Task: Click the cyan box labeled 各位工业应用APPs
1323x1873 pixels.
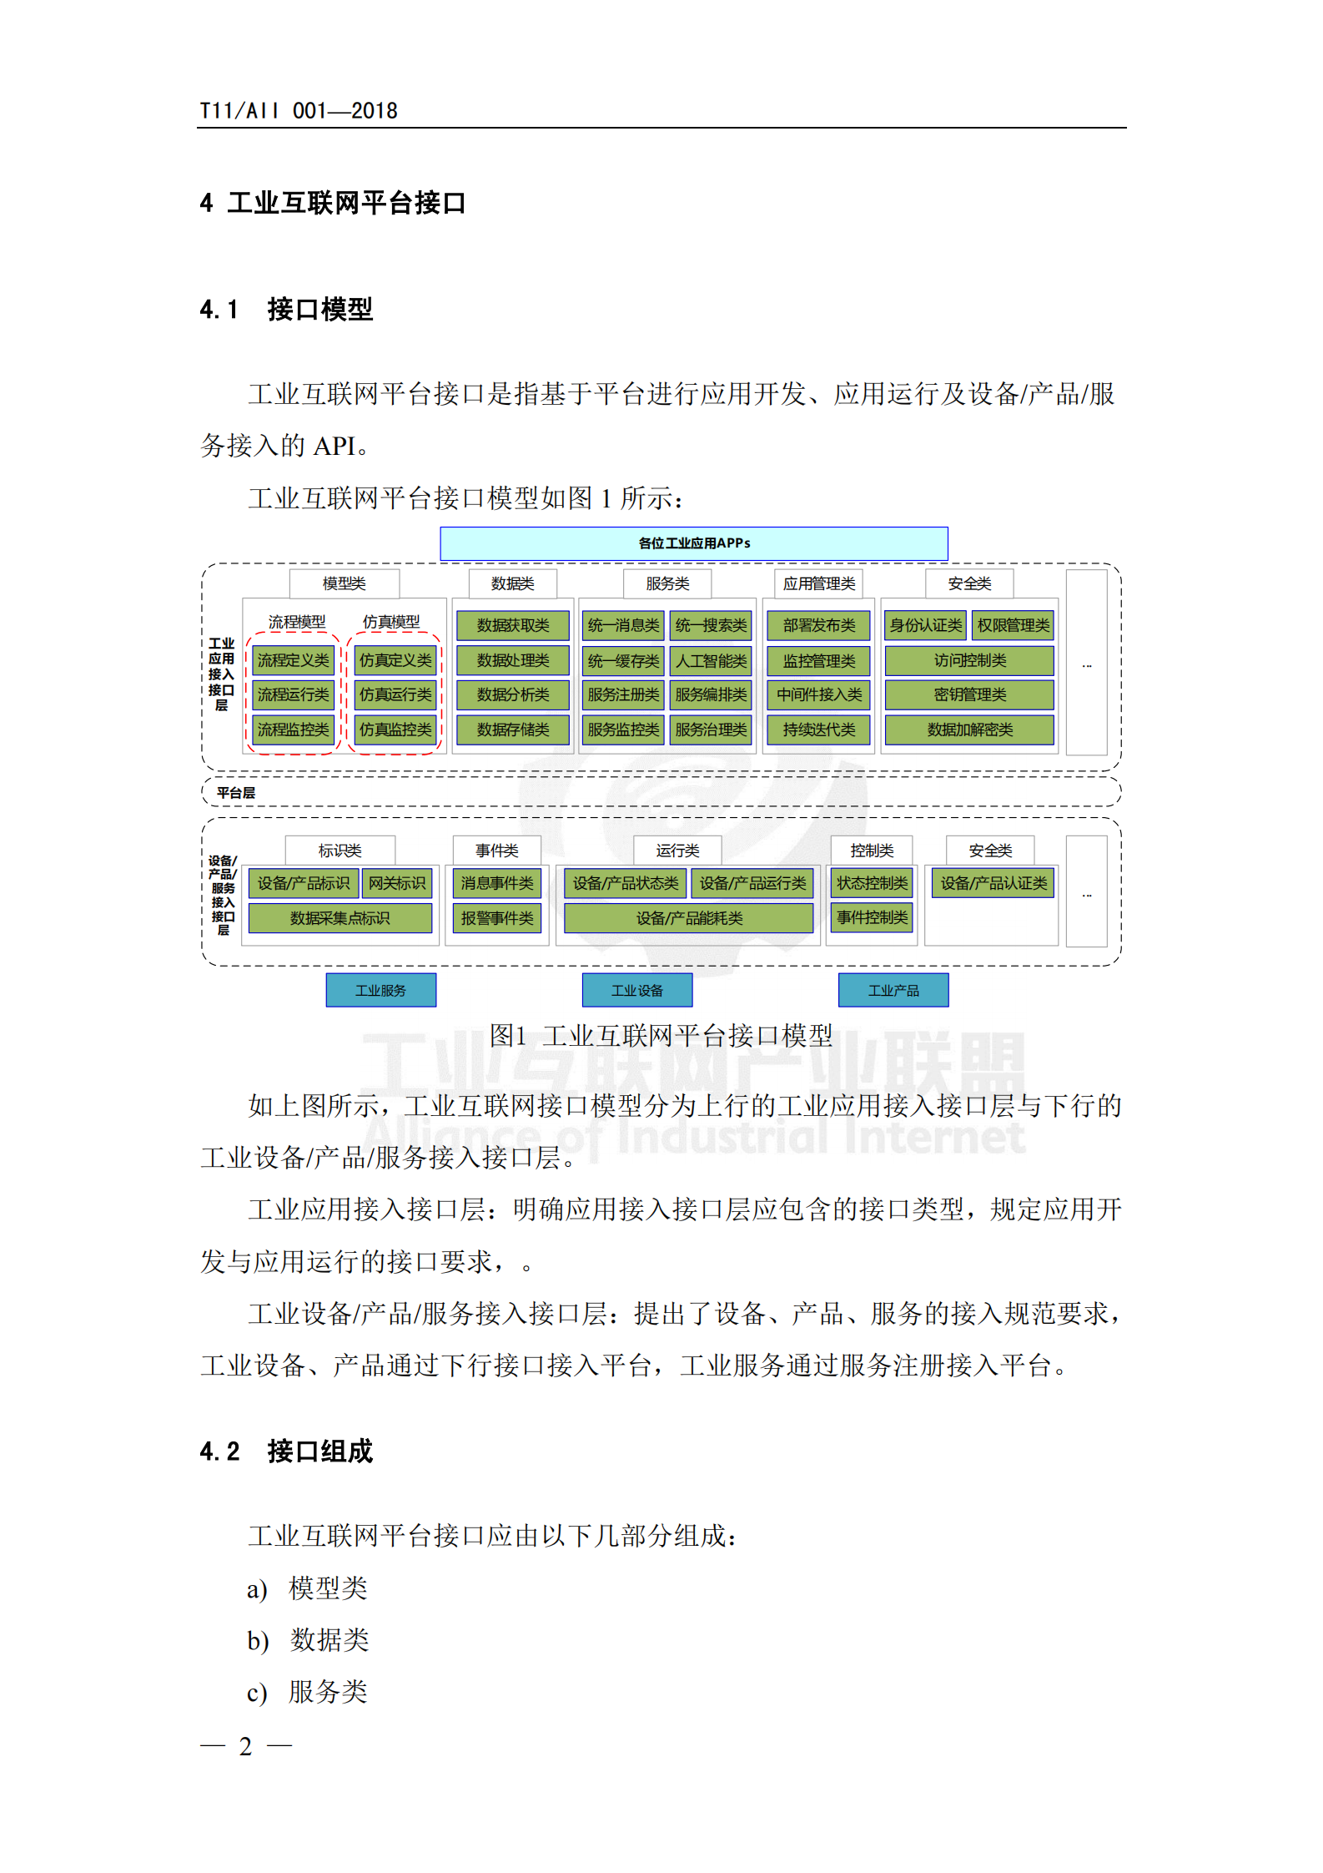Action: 693,543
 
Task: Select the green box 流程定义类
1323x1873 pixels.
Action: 293,660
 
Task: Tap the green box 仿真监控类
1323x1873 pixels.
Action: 395,730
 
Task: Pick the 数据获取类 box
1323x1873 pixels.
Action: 512,625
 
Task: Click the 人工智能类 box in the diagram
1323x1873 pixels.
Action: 711,661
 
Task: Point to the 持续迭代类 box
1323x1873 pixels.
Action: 818,730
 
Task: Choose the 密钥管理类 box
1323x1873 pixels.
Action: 969,694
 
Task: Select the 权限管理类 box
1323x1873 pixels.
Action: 1013,625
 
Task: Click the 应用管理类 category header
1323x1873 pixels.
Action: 818,583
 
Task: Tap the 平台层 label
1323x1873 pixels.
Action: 236,793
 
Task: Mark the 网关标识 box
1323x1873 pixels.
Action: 397,883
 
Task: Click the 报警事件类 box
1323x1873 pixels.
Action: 497,918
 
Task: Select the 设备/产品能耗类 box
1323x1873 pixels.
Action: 689,918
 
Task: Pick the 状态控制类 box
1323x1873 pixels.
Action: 872,883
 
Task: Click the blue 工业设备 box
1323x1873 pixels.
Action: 636,991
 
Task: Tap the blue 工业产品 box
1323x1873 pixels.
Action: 893,991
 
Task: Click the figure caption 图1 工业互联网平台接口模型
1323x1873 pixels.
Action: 661,1036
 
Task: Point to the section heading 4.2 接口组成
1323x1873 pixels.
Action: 286,1451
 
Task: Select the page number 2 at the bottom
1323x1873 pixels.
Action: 245,1745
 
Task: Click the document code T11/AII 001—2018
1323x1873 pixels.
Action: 298,111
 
